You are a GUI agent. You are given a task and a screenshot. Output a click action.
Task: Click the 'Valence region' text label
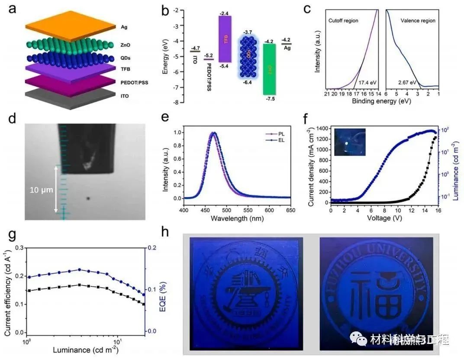point(418,21)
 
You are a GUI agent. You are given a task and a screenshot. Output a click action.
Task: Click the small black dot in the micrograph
point(88,199)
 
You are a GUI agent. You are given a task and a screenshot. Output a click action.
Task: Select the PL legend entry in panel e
point(273,135)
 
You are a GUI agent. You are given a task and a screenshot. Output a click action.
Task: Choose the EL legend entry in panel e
point(273,141)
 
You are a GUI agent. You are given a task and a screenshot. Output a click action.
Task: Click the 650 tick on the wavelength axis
point(290,210)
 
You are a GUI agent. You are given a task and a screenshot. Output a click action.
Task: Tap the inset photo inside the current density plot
point(350,142)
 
